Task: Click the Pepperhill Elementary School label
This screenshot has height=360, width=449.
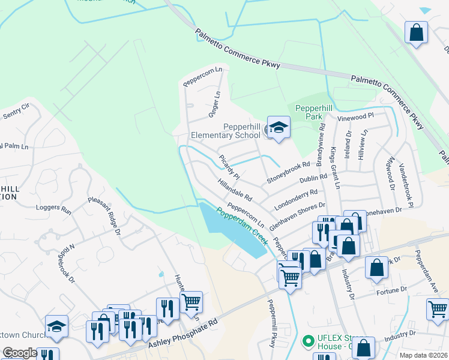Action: tap(225, 131)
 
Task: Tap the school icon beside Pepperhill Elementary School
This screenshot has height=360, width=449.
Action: tap(279, 127)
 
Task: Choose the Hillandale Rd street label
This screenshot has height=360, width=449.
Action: tap(235, 190)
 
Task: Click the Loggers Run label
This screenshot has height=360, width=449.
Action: tap(53, 209)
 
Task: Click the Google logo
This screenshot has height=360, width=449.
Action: tap(19, 353)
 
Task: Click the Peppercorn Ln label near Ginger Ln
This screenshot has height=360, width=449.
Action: tap(203, 76)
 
